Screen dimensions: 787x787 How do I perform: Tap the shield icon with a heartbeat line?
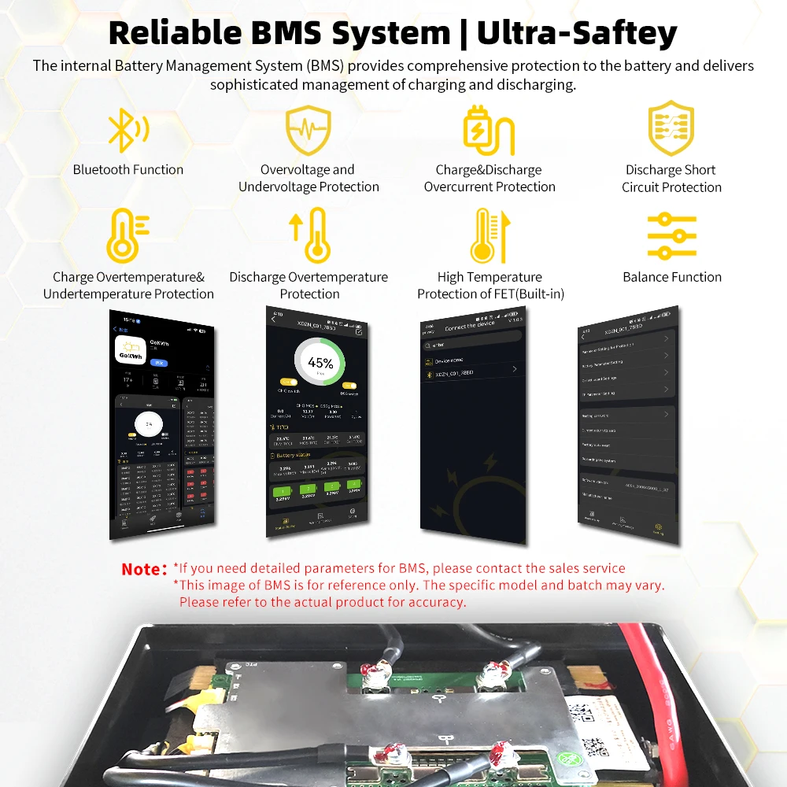(309, 131)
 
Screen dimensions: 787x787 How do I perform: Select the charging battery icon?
(488, 131)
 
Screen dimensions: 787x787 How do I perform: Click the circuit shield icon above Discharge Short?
(671, 129)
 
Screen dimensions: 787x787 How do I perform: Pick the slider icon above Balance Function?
(671, 235)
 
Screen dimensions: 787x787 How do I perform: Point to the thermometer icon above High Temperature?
(490, 235)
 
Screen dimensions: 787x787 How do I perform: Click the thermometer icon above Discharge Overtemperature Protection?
(310, 235)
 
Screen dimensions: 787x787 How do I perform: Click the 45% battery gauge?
(320, 363)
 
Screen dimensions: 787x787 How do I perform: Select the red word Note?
(145, 569)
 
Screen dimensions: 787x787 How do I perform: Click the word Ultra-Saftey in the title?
(577, 33)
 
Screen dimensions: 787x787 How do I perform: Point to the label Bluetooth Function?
(128, 170)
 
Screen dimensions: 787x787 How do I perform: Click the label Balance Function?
(672, 277)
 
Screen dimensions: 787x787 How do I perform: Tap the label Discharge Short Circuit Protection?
(671, 179)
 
